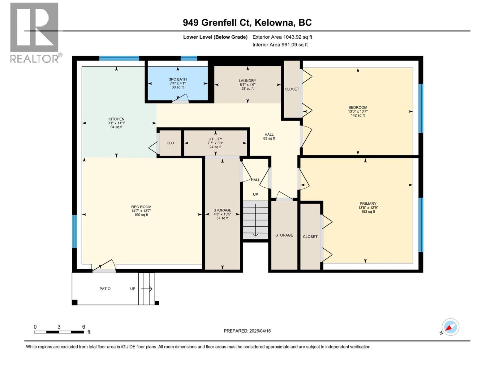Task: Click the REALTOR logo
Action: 34,32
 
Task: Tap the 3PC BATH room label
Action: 178,79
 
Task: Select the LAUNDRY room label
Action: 247,81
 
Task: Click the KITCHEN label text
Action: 116,119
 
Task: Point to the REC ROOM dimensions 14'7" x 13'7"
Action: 141,211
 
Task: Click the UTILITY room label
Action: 215,139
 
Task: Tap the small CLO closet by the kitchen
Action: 170,143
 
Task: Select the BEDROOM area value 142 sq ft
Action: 358,115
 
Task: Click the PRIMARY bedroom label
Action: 368,204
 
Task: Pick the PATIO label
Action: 105,289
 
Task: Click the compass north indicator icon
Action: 450,327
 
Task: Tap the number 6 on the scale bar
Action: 84,327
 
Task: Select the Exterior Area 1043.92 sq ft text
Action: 282,37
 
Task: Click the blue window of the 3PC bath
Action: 189,58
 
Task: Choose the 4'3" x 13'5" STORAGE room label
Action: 222,214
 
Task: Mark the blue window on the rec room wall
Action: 74,231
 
